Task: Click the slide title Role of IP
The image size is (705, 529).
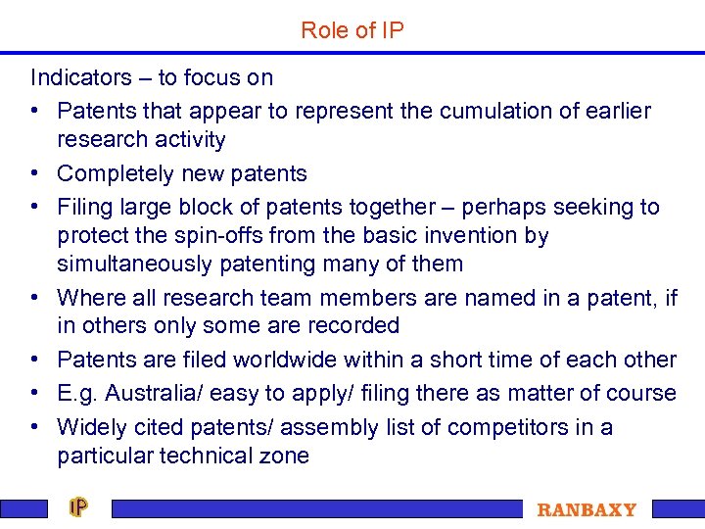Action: [352, 30]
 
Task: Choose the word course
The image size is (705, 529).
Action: [644, 394]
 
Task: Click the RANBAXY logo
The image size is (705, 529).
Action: [587, 510]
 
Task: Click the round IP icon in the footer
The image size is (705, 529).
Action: [79, 507]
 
